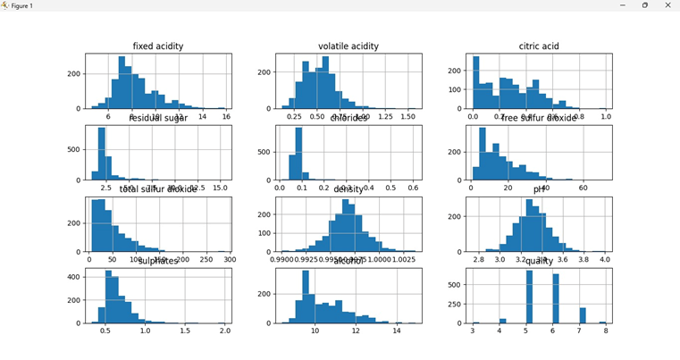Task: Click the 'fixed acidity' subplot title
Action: [x=158, y=46]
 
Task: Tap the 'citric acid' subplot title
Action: [x=539, y=46]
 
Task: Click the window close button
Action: [x=667, y=5]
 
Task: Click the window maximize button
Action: [x=644, y=5]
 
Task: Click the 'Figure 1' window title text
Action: [x=21, y=5]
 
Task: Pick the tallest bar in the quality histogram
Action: [x=529, y=297]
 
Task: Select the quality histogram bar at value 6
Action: [x=555, y=299]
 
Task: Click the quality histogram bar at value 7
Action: [x=583, y=315]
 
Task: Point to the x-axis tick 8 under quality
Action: [x=606, y=331]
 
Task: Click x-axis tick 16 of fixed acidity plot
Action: [x=226, y=116]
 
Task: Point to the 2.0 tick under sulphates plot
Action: [x=224, y=331]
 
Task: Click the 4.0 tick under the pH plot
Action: [x=605, y=259]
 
